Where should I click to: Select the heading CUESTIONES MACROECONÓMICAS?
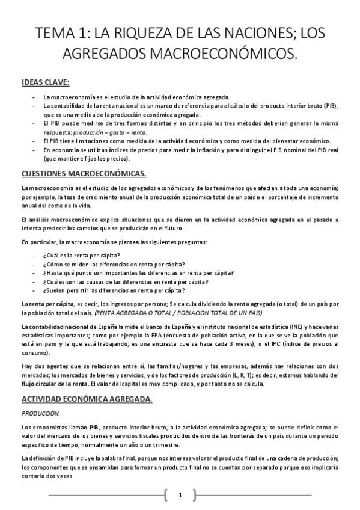84,174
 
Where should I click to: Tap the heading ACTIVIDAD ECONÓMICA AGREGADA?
87,399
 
